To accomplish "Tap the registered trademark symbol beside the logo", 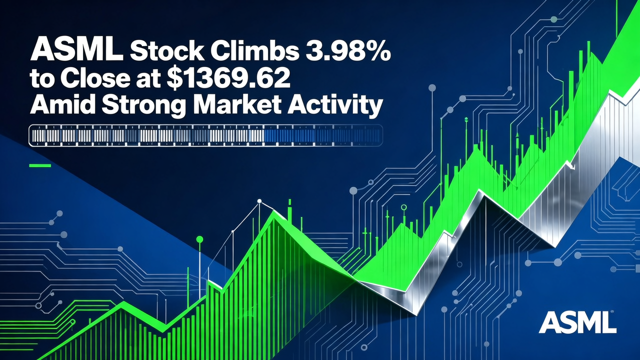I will [x=612, y=314].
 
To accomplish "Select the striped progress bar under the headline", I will [x=205, y=135].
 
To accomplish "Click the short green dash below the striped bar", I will [x=40, y=165].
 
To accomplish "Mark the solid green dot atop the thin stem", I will [x=199, y=239].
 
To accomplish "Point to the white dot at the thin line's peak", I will [x=259, y=201].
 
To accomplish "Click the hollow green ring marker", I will [x=403, y=206].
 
